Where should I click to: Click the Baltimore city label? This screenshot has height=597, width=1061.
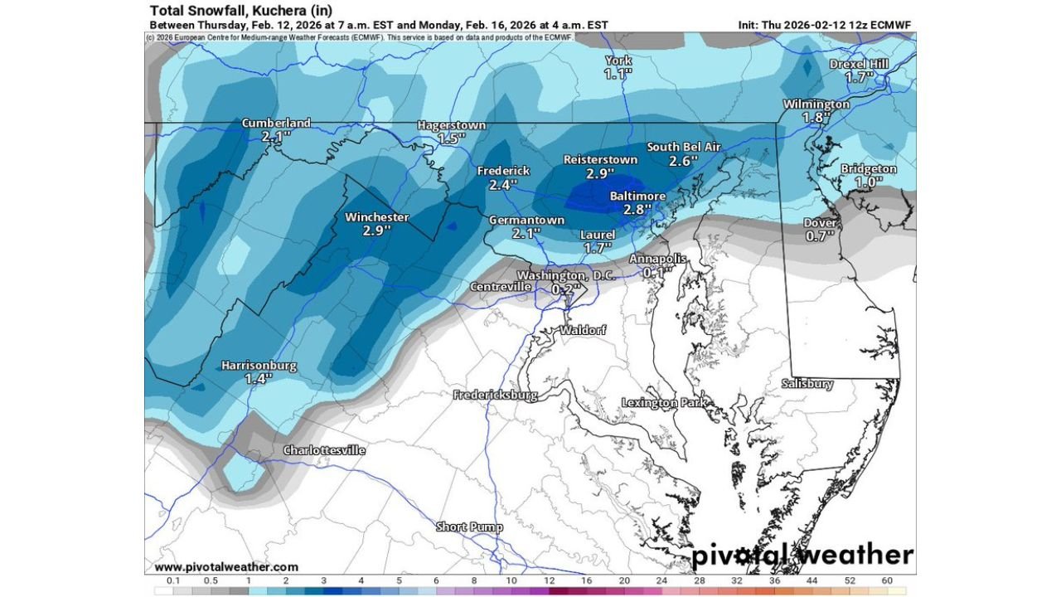[x=637, y=196]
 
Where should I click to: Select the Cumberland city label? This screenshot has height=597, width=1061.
[x=276, y=123]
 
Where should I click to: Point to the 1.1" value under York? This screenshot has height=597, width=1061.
[x=618, y=74]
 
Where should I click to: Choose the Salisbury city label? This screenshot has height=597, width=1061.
[x=807, y=384]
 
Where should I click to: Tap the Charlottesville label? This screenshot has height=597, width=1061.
[x=324, y=450]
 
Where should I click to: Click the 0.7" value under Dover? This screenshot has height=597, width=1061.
[x=821, y=236]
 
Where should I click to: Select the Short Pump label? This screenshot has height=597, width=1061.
[x=470, y=527]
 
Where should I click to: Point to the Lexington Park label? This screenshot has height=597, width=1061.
[x=664, y=403]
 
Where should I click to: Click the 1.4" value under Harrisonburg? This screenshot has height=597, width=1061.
[x=259, y=378]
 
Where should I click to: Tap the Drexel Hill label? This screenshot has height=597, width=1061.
[x=860, y=64]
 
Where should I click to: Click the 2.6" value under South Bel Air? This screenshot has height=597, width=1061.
[x=684, y=160]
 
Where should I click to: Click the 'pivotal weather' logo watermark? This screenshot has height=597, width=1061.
[x=802, y=555]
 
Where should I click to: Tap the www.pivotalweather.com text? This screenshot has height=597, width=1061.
[x=226, y=567]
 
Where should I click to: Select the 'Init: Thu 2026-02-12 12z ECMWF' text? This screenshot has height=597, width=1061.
[x=824, y=25]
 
